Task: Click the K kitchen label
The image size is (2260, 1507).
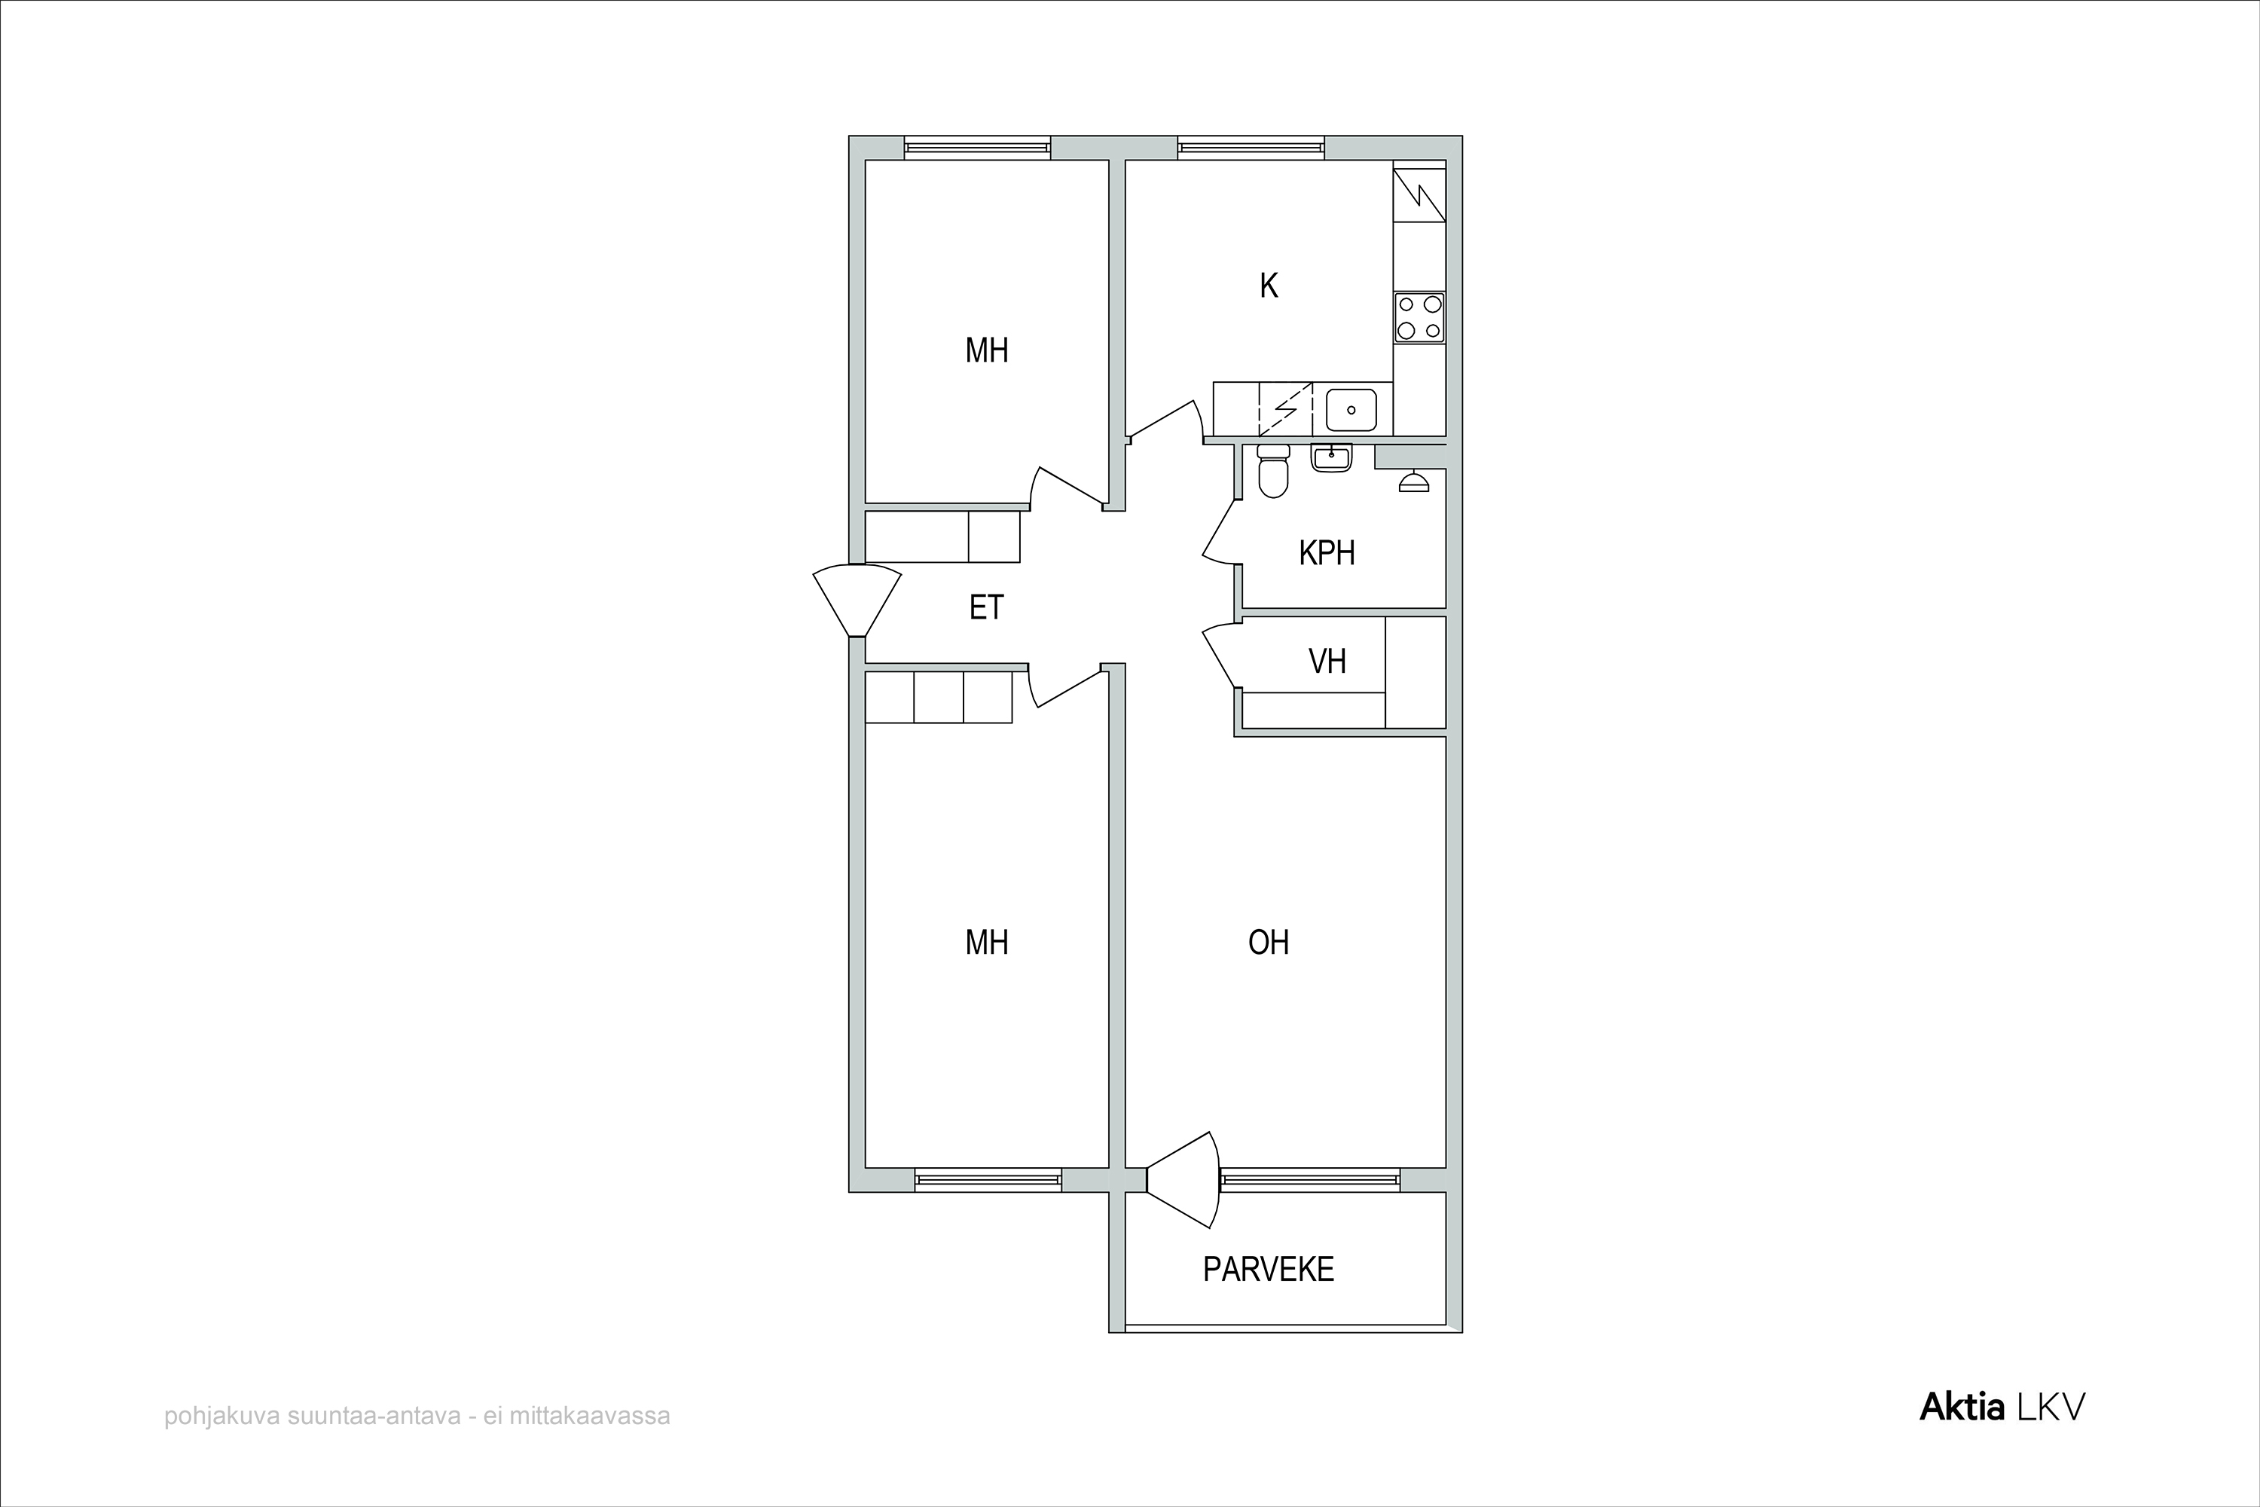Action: [x=1269, y=286]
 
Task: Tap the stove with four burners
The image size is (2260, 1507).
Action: [x=1419, y=318]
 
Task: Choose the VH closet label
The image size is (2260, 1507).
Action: [x=1327, y=662]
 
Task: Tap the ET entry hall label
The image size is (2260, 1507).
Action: [x=986, y=607]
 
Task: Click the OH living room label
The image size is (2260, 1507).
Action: [x=1269, y=942]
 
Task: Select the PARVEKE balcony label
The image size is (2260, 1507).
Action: [x=1269, y=1270]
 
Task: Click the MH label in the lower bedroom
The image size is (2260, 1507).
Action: [x=987, y=942]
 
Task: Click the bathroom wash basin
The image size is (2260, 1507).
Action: [x=1332, y=457]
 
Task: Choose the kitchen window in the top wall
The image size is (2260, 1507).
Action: [x=1251, y=148]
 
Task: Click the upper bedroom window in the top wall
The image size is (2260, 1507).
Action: [x=977, y=148]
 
